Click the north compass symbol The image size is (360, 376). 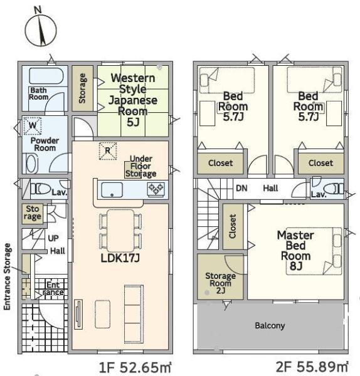pyautogui.click(x=41, y=28)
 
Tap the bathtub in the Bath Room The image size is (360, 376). pyautogui.click(x=46, y=76)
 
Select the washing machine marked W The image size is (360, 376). pyautogui.click(x=33, y=126)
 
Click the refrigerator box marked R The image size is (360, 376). pyautogui.click(x=108, y=151)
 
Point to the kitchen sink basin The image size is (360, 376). pyautogui.click(x=112, y=190)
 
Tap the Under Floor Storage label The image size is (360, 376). pyautogui.click(x=140, y=166)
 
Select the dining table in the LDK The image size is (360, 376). pyautogui.click(x=120, y=231)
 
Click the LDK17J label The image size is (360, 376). pyautogui.click(x=120, y=258)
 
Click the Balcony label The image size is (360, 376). pyautogui.click(x=270, y=326)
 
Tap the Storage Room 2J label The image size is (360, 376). pyautogui.click(x=220, y=283)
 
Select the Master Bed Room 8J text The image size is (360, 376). pyautogui.click(x=295, y=251)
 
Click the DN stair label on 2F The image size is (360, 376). pyautogui.click(x=241, y=188)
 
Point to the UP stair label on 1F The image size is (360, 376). pyautogui.click(x=53, y=238)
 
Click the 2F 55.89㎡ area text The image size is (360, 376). pyautogui.click(x=312, y=367)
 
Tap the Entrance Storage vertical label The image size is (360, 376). pyautogui.click(x=7, y=276)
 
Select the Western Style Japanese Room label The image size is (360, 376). pyautogui.click(x=133, y=100)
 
